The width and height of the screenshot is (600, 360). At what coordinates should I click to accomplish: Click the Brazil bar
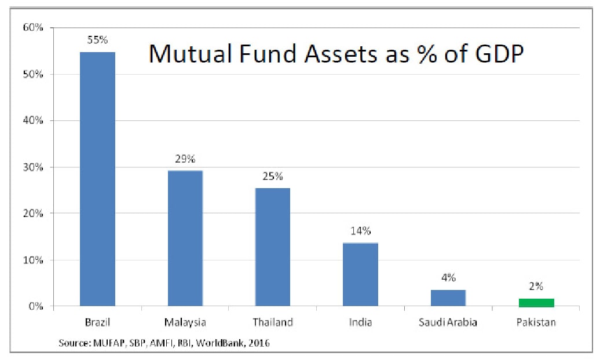click(97, 179)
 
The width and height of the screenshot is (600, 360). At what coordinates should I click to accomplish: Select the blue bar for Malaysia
click(185, 238)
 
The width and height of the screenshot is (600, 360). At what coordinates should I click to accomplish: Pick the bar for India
click(360, 274)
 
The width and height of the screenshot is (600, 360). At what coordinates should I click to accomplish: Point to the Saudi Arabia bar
click(448, 297)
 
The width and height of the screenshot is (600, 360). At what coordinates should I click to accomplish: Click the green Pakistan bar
click(536, 302)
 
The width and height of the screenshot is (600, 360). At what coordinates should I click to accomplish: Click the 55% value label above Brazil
click(98, 41)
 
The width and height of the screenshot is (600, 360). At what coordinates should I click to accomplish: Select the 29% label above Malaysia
click(185, 159)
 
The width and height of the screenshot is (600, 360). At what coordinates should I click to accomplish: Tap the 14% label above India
click(360, 232)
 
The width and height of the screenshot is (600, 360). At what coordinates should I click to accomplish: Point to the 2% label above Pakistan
click(536, 286)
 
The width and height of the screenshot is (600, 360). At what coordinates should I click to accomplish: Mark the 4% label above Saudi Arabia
click(448, 278)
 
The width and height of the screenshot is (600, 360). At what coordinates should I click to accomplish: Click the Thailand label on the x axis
click(273, 322)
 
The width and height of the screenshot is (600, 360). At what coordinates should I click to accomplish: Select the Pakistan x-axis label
click(536, 322)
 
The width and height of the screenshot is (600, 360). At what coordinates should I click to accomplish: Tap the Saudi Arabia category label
click(448, 322)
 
